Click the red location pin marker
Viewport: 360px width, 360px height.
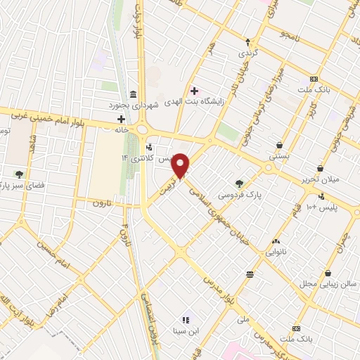tap(181, 167)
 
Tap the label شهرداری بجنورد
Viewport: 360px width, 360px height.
tap(133, 105)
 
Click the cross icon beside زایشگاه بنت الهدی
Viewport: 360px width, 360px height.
tap(194, 91)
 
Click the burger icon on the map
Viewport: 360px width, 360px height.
tap(250, 274)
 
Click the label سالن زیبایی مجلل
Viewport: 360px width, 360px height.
tap(328, 284)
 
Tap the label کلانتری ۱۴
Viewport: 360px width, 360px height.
tap(138, 158)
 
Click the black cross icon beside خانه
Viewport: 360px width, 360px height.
tap(121, 120)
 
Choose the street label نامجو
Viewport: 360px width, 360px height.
tap(290, 34)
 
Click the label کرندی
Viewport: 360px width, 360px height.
tap(247, 52)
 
